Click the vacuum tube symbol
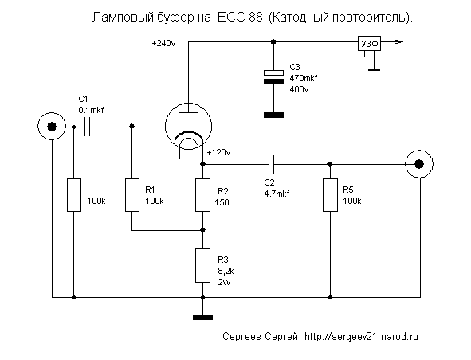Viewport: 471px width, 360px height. point(188,126)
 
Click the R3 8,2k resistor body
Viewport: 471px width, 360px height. point(202,265)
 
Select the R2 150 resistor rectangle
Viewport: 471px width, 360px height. point(202,195)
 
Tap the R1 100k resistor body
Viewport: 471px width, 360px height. point(131,195)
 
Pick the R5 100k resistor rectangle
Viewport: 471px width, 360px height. point(330,195)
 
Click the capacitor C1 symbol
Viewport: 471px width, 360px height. point(87,127)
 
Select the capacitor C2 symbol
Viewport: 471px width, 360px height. point(271,165)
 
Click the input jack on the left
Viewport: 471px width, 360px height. point(52,127)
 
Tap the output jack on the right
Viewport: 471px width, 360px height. point(419,164)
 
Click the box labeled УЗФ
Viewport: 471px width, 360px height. point(369,44)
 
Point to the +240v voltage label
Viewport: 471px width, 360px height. point(163,44)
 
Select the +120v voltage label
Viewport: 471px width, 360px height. point(218,153)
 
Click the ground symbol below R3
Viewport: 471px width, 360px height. point(202,317)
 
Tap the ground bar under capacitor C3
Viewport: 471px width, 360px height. point(273,115)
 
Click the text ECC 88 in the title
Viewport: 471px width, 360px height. point(239,18)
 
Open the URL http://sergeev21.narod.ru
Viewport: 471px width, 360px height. point(361,337)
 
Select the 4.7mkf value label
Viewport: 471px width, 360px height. point(277,194)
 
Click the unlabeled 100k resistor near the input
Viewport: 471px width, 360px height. point(74,195)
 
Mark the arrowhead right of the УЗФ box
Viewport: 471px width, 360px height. point(399,42)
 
